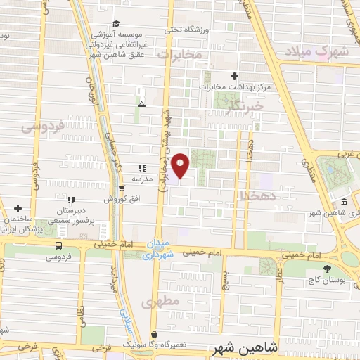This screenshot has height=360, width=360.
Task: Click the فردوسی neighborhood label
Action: point(42,126)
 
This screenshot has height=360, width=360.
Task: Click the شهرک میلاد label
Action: point(322,51)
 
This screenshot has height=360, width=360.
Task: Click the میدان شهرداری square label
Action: point(157,248)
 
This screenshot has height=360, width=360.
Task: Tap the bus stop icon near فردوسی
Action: point(58,246)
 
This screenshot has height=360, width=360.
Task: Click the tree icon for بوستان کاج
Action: point(326,268)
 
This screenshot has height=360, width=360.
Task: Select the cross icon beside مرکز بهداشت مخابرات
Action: point(235,76)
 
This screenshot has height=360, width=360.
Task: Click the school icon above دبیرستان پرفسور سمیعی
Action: point(70,200)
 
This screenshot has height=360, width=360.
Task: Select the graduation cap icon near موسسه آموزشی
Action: point(116,25)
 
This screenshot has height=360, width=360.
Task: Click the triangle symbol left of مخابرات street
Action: point(142,103)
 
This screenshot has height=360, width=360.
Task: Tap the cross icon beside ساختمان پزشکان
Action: point(18,208)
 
